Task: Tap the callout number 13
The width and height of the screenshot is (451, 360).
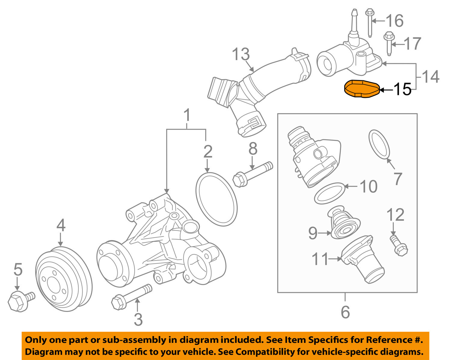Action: [x=241, y=54]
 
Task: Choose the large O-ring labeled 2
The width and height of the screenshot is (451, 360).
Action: [x=216, y=199]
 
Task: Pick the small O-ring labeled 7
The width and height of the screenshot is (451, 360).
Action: [x=379, y=144]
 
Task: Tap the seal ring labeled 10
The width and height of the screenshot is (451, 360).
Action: [x=329, y=193]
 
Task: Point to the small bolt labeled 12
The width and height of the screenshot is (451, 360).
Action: [x=398, y=245]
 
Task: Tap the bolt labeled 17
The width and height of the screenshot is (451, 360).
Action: [x=388, y=43]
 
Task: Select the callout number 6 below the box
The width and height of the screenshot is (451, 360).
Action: [x=345, y=312]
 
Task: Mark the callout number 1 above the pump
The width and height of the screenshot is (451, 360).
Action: [x=187, y=115]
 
